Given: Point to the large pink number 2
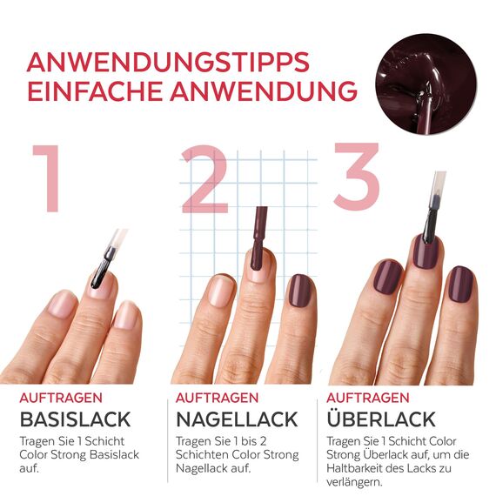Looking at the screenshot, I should [204, 180].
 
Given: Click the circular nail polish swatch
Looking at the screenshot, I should [426, 84].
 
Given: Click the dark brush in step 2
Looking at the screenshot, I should [258, 231].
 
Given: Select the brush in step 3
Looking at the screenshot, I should [431, 209].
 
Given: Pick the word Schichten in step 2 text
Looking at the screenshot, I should [204, 454].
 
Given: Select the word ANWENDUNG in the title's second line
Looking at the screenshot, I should [266, 91].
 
